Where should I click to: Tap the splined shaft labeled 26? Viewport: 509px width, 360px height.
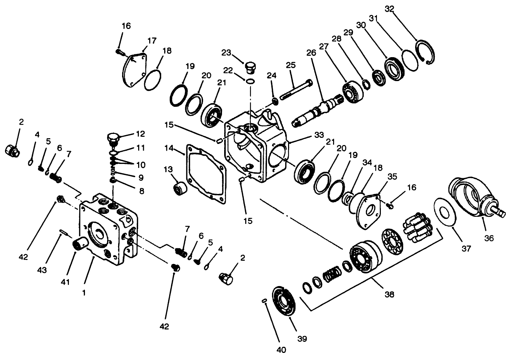(319, 111)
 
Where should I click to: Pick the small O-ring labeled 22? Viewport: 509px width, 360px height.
(251, 82)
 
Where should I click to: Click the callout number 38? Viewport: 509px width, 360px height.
(389, 294)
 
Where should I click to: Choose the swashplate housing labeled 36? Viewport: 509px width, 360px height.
(470, 196)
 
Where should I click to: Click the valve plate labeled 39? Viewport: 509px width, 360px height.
(283, 301)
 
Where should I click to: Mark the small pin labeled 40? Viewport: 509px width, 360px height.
(264, 301)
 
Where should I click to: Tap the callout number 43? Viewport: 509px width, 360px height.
(42, 271)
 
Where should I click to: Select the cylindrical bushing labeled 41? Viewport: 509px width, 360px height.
(80, 244)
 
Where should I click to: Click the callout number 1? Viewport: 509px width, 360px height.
(84, 292)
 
